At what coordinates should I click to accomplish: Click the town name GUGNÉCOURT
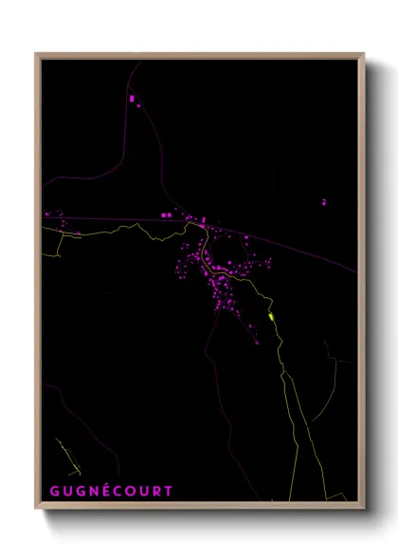coord(112,492)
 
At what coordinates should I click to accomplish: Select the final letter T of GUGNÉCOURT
coord(170,492)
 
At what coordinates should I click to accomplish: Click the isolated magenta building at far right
coord(323,202)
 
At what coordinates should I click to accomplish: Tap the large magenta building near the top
coord(132,98)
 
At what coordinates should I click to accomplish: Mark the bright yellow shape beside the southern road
coord(272,317)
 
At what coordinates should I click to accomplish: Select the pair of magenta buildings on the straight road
coord(166,216)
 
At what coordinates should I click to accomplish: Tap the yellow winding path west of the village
coord(95,233)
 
